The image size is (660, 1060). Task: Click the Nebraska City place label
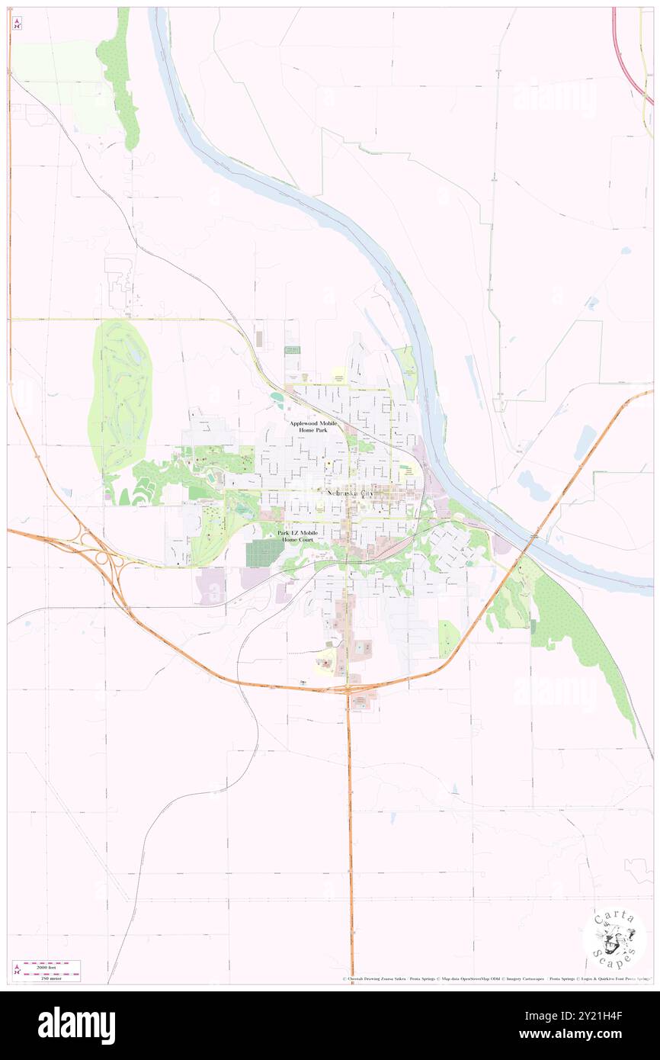tap(351, 493)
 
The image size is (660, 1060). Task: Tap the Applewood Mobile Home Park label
tap(312, 426)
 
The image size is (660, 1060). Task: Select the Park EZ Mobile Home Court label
tap(297, 536)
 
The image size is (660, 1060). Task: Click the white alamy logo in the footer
tap(76, 1026)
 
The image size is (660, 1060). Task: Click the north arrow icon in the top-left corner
tap(17, 24)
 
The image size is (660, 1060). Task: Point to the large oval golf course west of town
tap(120, 397)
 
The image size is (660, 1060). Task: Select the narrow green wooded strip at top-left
tap(120, 80)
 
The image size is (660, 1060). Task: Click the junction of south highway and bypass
tap(349, 689)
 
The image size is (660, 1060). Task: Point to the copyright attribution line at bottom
tap(495, 978)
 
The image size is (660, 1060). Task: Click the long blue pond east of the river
tap(585, 442)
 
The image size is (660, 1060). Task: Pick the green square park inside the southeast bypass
tap(449, 638)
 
